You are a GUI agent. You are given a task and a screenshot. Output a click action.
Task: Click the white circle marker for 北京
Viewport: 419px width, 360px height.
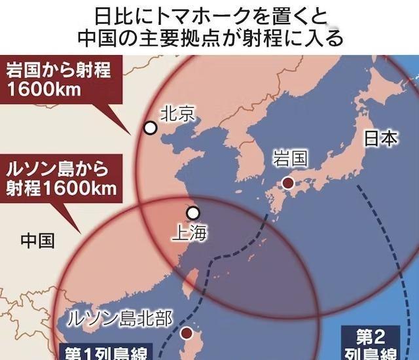click(151, 128)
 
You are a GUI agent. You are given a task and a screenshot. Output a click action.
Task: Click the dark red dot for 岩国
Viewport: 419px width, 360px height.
click(287, 183)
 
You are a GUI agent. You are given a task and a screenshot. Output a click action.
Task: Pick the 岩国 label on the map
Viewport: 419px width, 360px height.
click(290, 159)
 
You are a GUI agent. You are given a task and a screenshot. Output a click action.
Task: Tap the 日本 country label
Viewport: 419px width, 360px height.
click(380, 139)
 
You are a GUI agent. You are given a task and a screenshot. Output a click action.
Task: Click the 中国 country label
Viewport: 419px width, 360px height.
click(37, 240)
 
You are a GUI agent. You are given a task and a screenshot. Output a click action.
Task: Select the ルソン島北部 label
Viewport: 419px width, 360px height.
click(122, 319)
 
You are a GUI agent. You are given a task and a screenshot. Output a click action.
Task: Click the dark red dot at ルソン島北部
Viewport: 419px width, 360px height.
click(187, 334)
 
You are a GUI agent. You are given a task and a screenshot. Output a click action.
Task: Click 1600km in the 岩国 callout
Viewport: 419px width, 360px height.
click(43, 89)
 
